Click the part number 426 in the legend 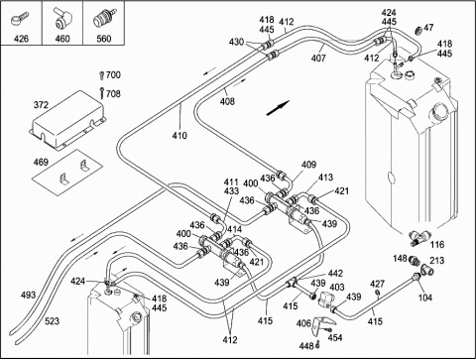click(x=21, y=39)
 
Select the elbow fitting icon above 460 click(x=62, y=20)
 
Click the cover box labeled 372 click(x=67, y=120)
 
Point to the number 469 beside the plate click(x=41, y=163)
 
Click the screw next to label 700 click(x=101, y=75)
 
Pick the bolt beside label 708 click(x=102, y=93)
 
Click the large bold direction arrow click(x=278, y=108)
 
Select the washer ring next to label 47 click(x=418, y=31)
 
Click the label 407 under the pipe click(x=318, y=59)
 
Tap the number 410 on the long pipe click(x=179, y=136)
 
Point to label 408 click(x=227, y=101)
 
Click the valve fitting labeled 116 click(x=417, y=238)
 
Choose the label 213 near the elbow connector click(x=437, y=261)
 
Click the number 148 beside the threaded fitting click(x=401, y=258)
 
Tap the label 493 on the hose click(x=28, y=295)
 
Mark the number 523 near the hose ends click(x=52, y=320)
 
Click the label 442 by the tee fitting click(x=335, y=274)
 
